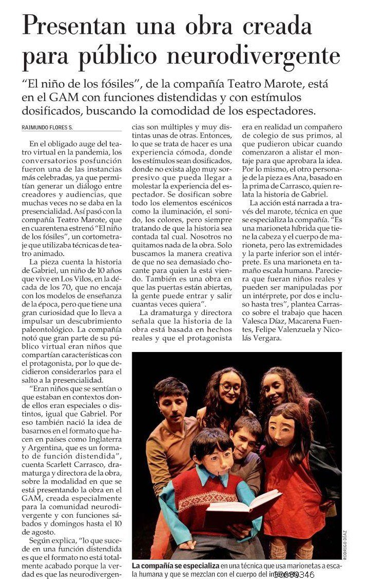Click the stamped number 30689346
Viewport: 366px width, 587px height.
coord(294,574)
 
